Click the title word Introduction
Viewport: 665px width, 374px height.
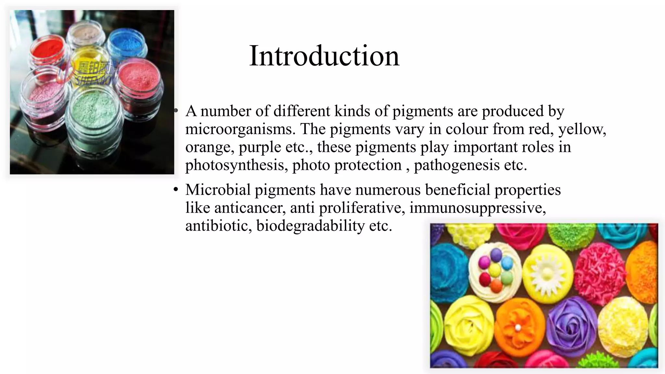click(x=324, y=56)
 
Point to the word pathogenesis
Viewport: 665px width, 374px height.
click(x=457, y=165)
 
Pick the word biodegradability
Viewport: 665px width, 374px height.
click(x=310, y=226)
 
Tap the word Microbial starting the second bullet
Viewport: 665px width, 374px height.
click(x=218, y=190)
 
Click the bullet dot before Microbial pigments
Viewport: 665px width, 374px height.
click(x=176, y=190)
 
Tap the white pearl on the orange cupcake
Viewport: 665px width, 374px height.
click(x=518, y=327)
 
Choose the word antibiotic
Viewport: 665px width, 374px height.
click(x=218, y=226)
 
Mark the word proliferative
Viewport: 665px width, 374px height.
click(x=362, y=208)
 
